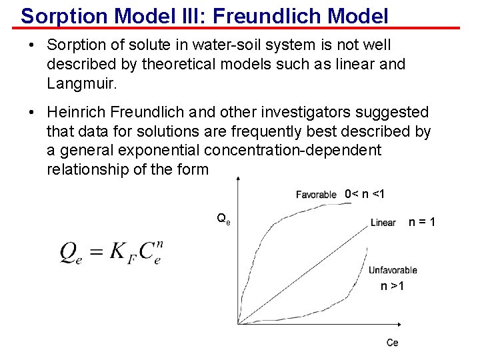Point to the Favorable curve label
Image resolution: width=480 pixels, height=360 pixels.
point(316,195)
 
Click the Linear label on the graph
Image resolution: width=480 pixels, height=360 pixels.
point(383,223)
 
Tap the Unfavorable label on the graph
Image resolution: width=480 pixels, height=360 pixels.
point(393,270)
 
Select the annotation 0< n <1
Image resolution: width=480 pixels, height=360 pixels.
point(365,194)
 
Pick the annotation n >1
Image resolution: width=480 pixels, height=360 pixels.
point(392,286)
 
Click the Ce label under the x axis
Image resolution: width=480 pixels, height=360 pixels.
point(393,343)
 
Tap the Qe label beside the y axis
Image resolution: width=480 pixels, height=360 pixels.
point(224,217)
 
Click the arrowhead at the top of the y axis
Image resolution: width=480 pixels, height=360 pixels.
point(238,181)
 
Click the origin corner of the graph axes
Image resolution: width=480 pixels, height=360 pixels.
point(238,324)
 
